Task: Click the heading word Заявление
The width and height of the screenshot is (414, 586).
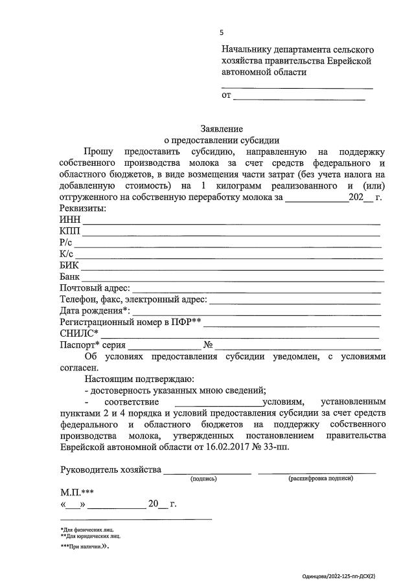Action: (x=222, y=129)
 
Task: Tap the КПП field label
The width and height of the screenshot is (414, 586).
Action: (x=70, y=231)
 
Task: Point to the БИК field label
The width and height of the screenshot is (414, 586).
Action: (x=69, y=265)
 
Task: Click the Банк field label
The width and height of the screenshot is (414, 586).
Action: (x=70, y=276)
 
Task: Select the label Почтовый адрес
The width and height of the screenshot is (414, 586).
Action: (x=95, y=288)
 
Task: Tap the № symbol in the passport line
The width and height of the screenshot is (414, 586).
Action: (x=209, y=344)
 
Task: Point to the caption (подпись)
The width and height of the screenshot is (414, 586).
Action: (x=203, y=479)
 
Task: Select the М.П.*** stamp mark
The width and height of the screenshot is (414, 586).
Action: (x=77, y=492)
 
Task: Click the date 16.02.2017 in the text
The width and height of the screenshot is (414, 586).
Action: (x=224, y=447)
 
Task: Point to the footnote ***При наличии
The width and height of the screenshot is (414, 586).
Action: (x=84, y=547)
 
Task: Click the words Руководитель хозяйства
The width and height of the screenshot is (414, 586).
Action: (x=111, y=469)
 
